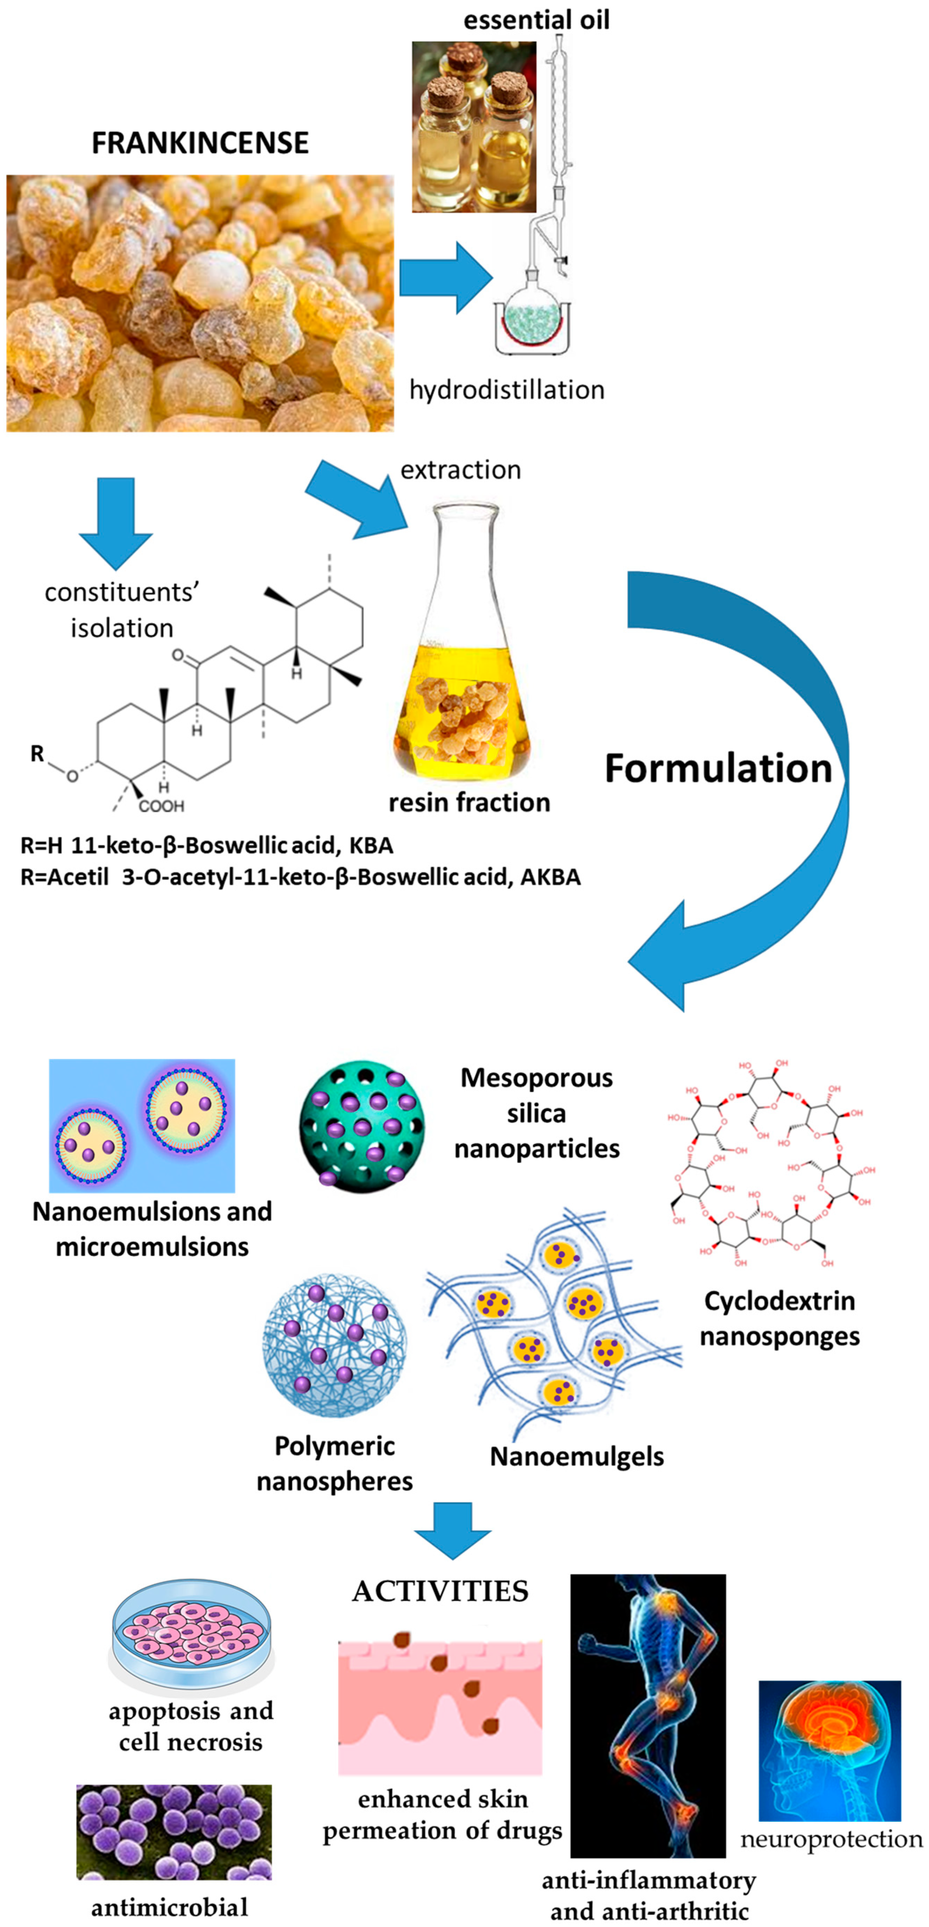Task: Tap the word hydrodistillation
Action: click(507, 390)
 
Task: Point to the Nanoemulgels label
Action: click(577, 1456)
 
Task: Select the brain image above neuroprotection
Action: click(829, 1751)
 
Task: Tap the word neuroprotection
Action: click(831, 1839)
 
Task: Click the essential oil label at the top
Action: click(536, 19)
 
